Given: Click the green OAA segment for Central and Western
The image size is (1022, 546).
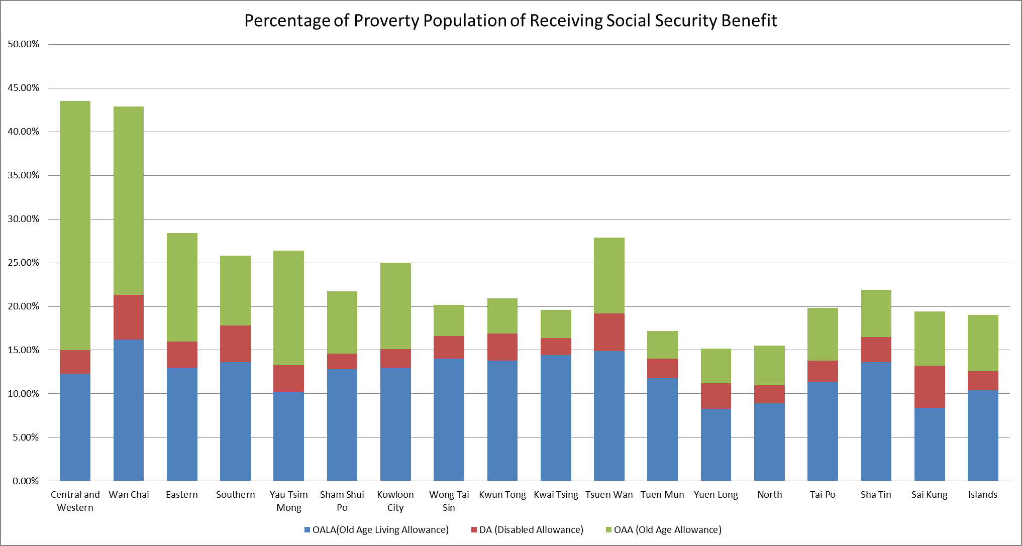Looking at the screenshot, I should (75, 226).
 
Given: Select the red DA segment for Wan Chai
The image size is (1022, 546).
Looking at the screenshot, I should (129, 317).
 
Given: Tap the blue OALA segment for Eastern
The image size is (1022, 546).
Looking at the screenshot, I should (182, 424).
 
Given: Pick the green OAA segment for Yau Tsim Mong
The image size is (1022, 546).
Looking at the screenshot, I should (288, 308).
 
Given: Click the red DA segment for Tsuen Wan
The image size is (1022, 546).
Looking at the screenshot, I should (609, 332).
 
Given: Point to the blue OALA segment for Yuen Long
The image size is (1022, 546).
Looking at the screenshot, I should (716, 445).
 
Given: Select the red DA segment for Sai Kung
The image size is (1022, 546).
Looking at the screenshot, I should (929, 386).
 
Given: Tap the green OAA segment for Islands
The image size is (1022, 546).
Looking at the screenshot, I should (982, 343).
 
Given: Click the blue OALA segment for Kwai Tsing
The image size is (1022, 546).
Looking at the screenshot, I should (556, 418).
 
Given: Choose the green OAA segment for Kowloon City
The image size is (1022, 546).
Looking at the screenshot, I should (395, 306).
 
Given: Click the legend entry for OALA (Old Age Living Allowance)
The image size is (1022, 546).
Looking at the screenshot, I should (376, 530).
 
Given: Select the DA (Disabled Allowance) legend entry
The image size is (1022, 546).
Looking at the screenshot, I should (527, 530).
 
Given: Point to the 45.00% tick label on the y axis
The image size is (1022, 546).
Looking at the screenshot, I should (23, 88).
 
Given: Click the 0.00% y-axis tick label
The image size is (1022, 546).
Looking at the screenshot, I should (26, 481).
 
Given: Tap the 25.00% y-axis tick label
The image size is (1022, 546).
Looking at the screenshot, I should (23, 263).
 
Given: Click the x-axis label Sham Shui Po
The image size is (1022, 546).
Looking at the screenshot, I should (342, 501).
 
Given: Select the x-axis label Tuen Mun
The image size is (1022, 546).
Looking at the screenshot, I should (662, 495).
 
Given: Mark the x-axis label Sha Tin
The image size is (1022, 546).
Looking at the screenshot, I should (875, 495).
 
